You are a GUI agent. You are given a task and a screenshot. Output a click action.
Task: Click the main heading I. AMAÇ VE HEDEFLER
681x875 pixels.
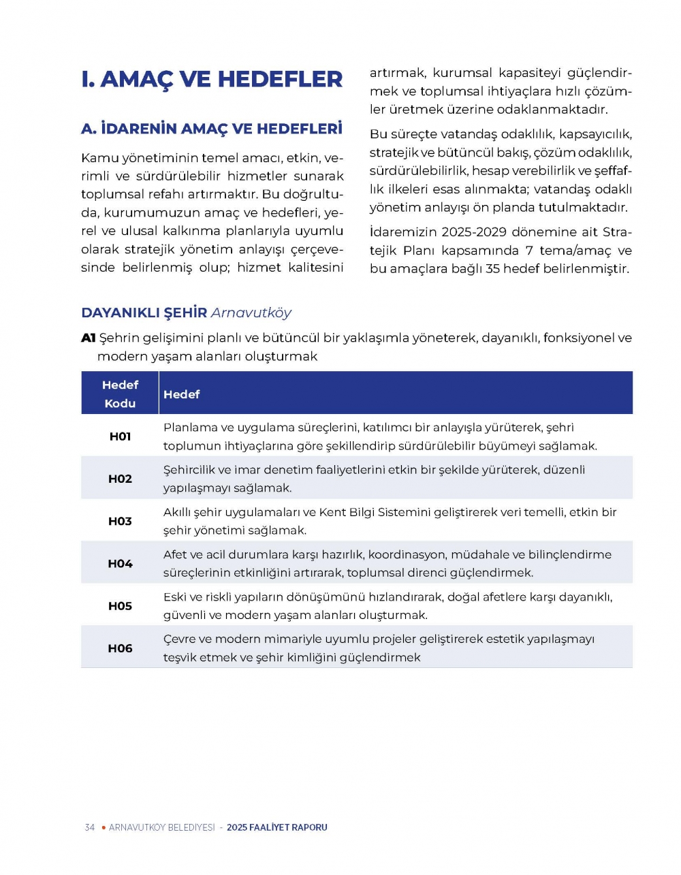pos(211,80)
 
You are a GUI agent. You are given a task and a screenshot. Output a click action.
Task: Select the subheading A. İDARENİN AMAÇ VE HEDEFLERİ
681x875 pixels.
pos(211,129)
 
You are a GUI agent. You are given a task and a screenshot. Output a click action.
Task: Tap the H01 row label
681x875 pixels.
pos(120,436)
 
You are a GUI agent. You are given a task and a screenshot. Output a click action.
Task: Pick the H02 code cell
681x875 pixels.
pos(120,479)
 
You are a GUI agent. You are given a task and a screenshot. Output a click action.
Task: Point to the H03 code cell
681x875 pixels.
pos(120,521)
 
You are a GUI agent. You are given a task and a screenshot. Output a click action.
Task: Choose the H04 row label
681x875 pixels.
pos(120,564)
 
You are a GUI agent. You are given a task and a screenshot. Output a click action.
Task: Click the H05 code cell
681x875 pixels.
pos(120,606)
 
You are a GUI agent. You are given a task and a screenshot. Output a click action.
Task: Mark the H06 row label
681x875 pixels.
pos(120,648)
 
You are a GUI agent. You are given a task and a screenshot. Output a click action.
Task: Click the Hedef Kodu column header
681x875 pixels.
pos(120,394)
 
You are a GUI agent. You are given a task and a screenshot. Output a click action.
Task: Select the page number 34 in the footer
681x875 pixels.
pos(89,827)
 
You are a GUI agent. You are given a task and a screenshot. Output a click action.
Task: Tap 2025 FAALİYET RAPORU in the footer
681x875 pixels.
pos(277,827)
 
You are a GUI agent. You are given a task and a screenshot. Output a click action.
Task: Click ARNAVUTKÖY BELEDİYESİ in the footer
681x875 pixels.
pos(161,827)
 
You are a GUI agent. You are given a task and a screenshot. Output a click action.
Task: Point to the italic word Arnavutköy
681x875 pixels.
pos(251,313)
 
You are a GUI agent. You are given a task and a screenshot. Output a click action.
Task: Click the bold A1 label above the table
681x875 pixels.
pos(88,338)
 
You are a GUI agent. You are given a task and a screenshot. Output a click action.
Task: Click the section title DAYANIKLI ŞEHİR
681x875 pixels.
pos(144,313)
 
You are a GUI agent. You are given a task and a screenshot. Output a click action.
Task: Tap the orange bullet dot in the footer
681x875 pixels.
pos(104,827)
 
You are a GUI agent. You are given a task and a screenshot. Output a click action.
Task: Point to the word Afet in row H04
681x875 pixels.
pos(175,554)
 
